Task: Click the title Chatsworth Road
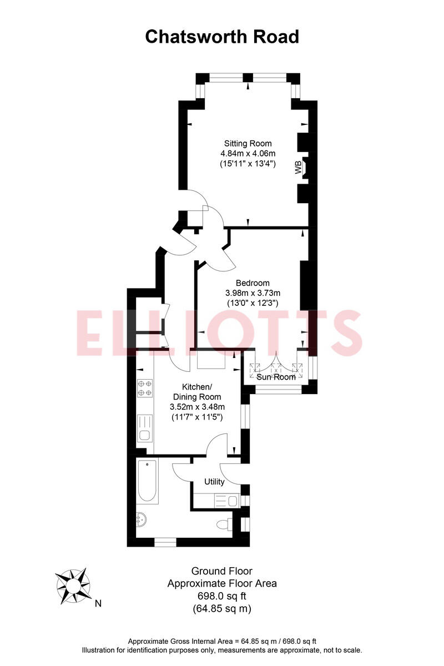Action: tap(222, 37)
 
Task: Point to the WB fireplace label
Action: tap(299, 167)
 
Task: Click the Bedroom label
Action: tap(253, 282)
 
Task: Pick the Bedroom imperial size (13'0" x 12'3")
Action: tap(253, 303)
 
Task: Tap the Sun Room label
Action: tap(276, 377)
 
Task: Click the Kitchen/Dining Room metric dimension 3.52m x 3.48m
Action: tap(197, 407)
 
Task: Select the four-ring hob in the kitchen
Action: tap(145, 387)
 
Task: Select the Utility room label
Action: tap(214, 481)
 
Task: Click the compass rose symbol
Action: tap(73, 586)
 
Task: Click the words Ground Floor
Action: tap(222, 571)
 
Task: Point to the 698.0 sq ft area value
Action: tap(222, 596)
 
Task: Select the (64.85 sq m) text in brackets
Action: tap(222, 608)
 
